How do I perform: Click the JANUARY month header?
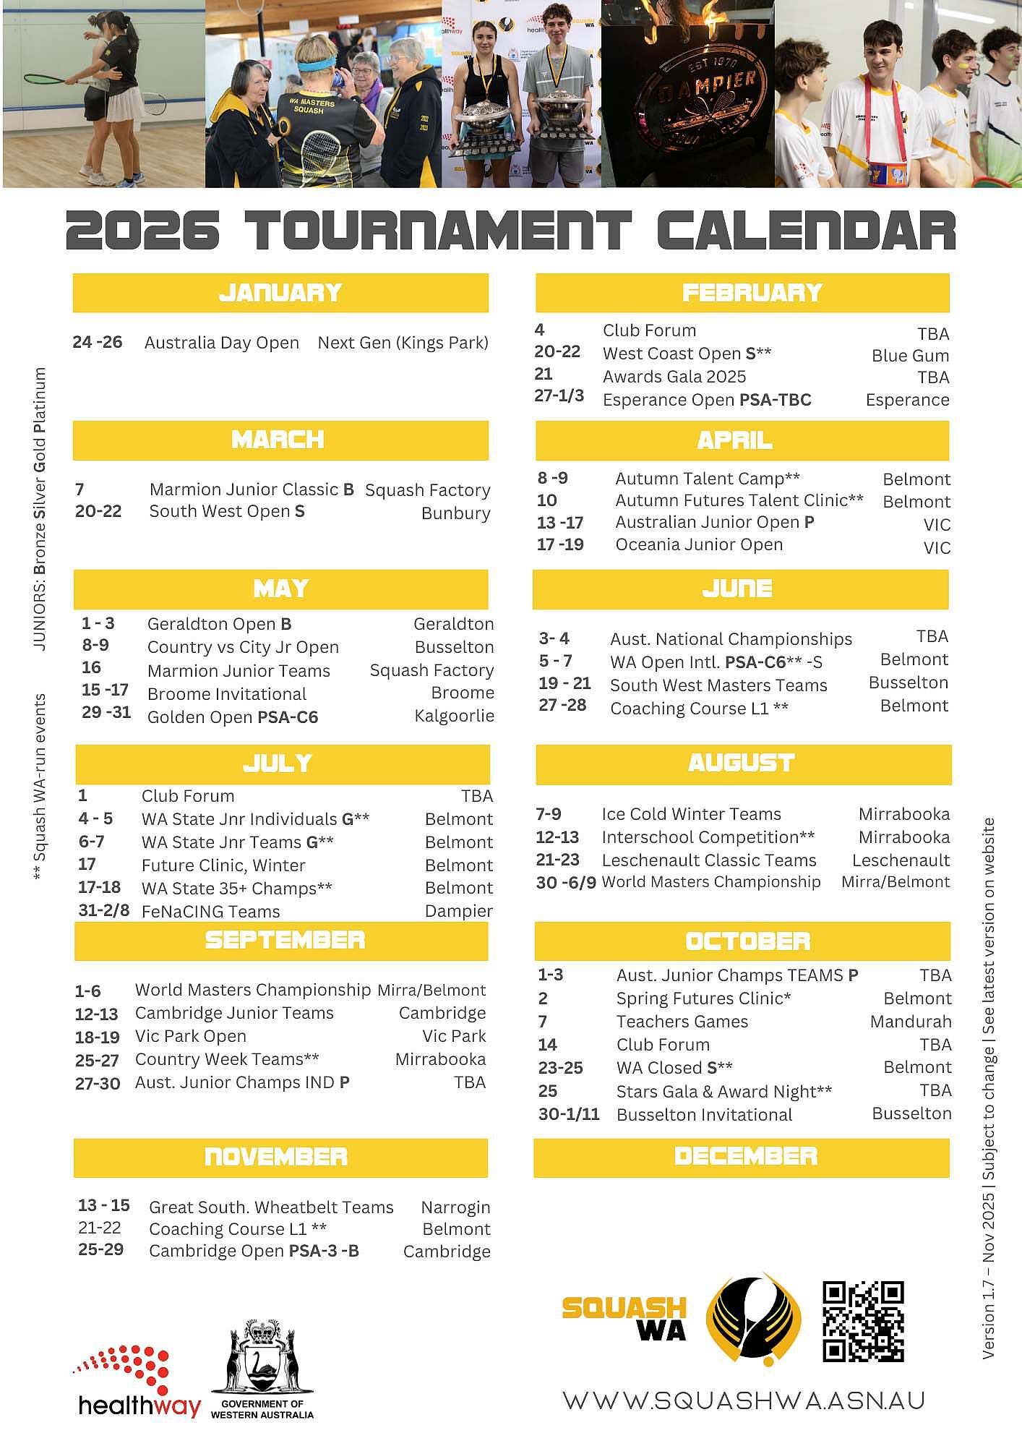pyautogui.click(x=280, y=293)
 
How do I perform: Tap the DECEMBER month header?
pyautogui.click(x=745, y=1156)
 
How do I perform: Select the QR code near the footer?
pyautogui.click(x=863, y=1321)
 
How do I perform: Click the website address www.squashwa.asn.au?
pyautogui.click(x=744, y=1400)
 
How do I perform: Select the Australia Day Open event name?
pyautogui.click(x=221, y=343)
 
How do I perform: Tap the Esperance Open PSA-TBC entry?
pyautogui.click(x=707, y=400)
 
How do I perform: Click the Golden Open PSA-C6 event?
pyautogui.click(x=233, y=717)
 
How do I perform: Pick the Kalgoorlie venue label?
pyautogui.click(x=454, y=716)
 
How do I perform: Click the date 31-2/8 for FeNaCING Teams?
pyautogui.click(x=103, y=910)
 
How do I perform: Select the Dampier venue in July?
pyautogui.click(x=458, y=911)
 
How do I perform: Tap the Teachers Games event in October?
pyautogui.click(x=682, y=1022)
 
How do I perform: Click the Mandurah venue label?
pyautogui.click(x=910, y=1022)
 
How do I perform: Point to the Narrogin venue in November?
pyautogui.click(x=455, y=1207)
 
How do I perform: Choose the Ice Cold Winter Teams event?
pyautogui.click(x=691, y=814)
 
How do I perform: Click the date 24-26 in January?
pyautogui.click(x=98, y=342)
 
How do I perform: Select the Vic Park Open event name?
pyautogui.click(x=191, y=1036)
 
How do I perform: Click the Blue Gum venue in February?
pyautogui.click(x=910, y=356)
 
